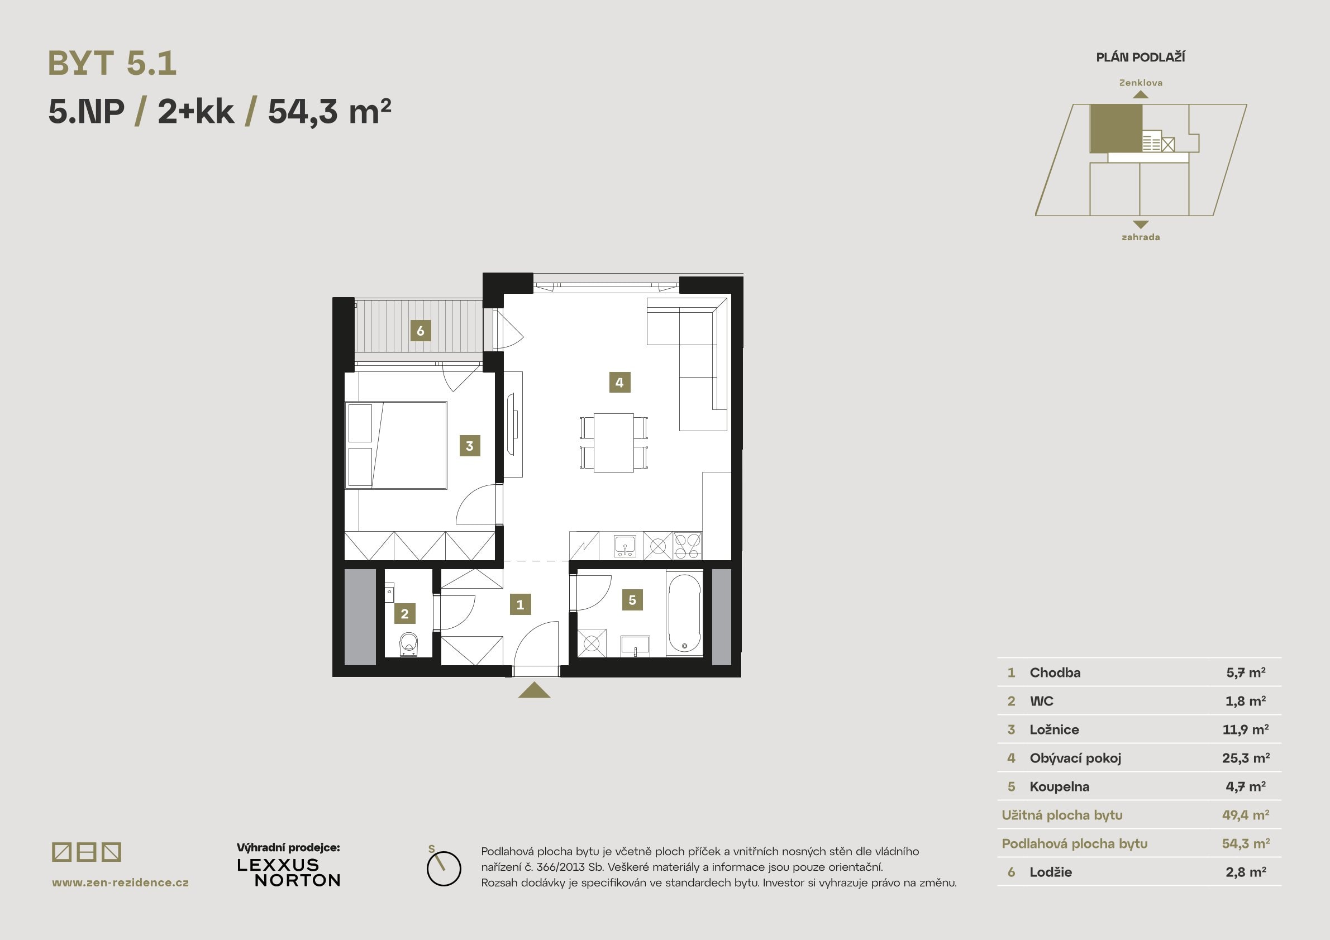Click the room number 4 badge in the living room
[x=619, y=382]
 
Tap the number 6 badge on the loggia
[x=420, y=331]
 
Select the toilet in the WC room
[x=409, y=644]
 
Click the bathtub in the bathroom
[x=684, y=614]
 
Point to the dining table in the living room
[x=613, y=442]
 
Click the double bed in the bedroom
[x=397, y=445]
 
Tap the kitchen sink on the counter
[x=625, y=546]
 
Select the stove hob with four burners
[x=688, y=546]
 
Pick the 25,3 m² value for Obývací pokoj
[x=1246, y=757]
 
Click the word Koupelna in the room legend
[x=1059, y=786]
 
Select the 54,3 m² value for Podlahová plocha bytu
[x=1246, y=843]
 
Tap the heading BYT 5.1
[x=112, y=63]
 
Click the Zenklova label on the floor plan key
[x=1140, y=83]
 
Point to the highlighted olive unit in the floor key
[x=1116, y=128]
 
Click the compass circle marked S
[x=444, y=868]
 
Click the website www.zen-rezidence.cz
[x=121, y=882]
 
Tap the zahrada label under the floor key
[x=1140, y=237]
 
